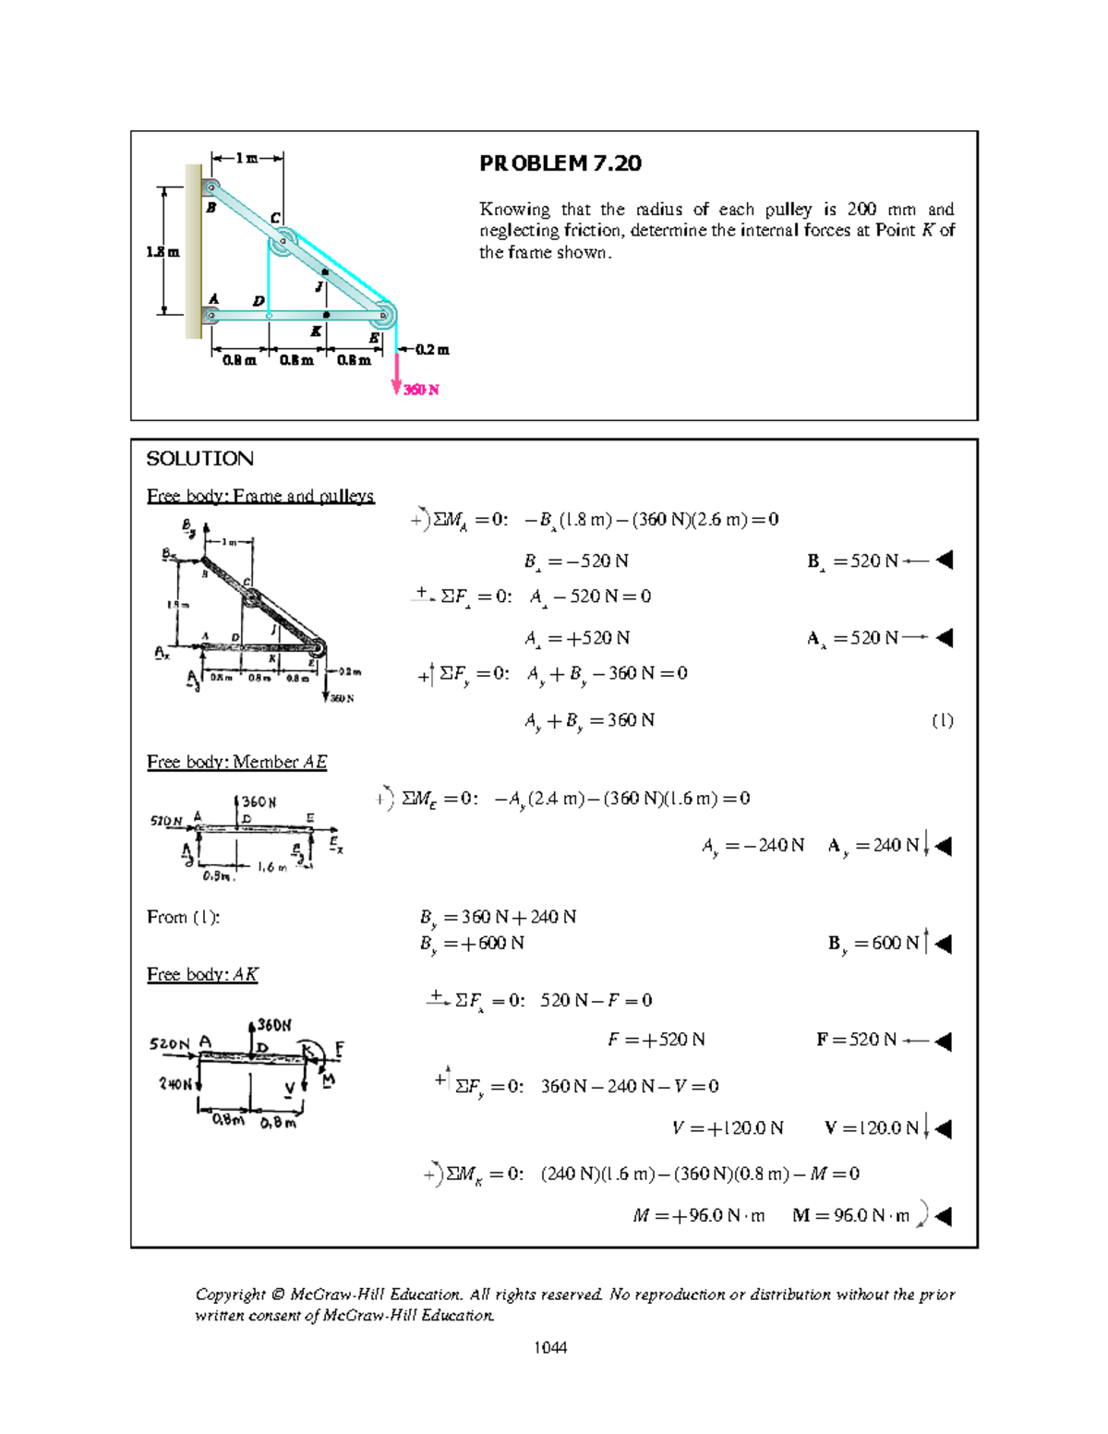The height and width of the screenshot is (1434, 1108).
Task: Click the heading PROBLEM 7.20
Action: pyautogui.click(x=560, y=163)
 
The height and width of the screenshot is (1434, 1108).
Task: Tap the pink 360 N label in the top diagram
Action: pyautogui.click(x=421, y=390)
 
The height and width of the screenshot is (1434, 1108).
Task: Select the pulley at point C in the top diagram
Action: pyautogui.click(x=282, y=243)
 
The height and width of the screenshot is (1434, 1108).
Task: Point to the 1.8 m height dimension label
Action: pyautogui.click(x=163, y=251)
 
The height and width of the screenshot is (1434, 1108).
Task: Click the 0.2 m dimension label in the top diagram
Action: pyautogui.click(x=431, y=350)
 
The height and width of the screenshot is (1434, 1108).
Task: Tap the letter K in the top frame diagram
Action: pyautogui.click(x=316, y=331)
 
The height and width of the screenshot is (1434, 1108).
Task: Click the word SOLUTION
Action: pyautogui.click(x=199, y=459)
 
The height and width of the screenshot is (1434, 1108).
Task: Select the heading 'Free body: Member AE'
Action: pyautogui.click(x=236, y=762)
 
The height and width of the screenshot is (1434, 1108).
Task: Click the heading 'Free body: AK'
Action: pyautogui.click(x=202, y=974)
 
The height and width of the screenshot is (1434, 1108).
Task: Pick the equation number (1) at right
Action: pyautogui.click(x=942, y=720)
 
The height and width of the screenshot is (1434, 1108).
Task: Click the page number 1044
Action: pyautogui.click(x=550, y=1347)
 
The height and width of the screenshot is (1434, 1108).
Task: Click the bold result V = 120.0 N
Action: pyautogui.click(x=873, y=1127)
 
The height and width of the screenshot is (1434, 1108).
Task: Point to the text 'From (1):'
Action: pyautogui.click(x=183, y=917)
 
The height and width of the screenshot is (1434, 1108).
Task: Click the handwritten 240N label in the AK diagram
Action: pyautogui.click(x=175, y=1083)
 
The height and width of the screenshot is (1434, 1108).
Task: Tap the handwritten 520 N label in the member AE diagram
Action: pyautogui.click(x=166, y=820)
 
